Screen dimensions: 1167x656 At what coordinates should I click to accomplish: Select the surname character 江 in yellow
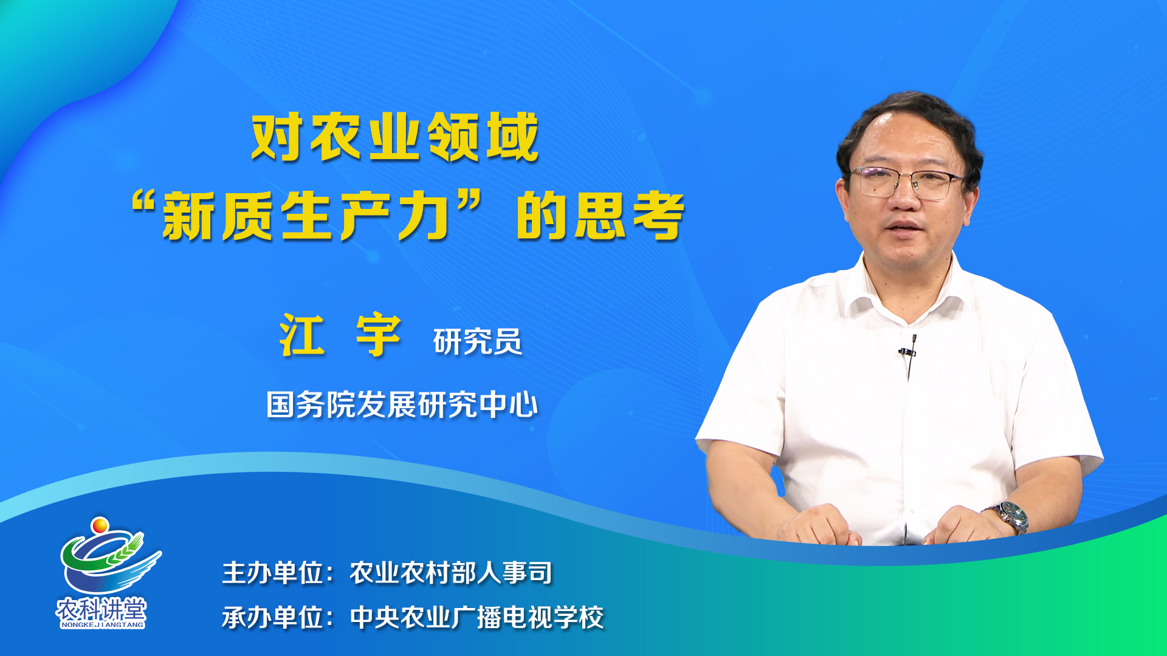pyautogui.click(x=302, y=335)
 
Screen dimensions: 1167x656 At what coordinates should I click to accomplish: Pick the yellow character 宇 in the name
pyautogui.click(x=378, y=335)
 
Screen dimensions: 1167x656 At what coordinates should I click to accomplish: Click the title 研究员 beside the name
pyautogui.click(x=478, y=341)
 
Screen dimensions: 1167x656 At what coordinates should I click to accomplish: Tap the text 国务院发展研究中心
pyautogui.click(x=402, y=405)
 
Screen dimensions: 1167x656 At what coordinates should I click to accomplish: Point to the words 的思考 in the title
pyautogui.click(x=601, y=216)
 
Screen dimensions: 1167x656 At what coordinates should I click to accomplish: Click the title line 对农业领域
pyautogui.click(x=395, y=137)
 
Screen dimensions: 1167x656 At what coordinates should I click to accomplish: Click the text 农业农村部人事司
pyautogui.click(x=451, y=573)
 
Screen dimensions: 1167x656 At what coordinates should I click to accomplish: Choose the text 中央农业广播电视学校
pyautogui.click(x=477, y=618)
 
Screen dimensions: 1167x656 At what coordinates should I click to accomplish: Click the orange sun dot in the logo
pyautogui.click(x=100, y=525)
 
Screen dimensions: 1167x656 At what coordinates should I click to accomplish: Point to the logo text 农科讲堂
pyautogui.click(x=102, y=609)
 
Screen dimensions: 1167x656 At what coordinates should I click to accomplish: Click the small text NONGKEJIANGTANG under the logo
pyautogui.click(x=102, y=624)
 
